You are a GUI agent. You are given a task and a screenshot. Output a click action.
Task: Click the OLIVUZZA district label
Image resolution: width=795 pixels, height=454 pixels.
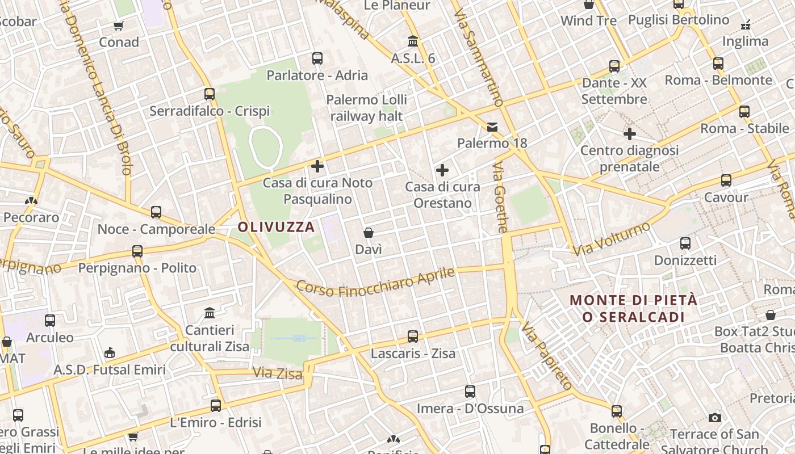[x=276, y=227]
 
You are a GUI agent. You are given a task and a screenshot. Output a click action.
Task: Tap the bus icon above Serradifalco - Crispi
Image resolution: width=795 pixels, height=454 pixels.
[x=210, y=94]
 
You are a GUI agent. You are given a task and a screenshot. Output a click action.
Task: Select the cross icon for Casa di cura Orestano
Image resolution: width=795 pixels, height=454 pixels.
[x=442, y=170]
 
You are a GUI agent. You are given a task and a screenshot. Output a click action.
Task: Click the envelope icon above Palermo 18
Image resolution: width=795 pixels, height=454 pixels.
[x=492, y=127]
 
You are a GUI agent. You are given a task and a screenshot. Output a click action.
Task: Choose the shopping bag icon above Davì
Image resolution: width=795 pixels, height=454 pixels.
[x=369, y=233]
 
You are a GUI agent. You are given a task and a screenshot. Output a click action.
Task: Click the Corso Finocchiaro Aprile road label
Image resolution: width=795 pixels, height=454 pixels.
[x=375, y=282]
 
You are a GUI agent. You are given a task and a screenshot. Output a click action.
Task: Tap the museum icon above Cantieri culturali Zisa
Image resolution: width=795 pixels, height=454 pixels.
[x=210, y=313]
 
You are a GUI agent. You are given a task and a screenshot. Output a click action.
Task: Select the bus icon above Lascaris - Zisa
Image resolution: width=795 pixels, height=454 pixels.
[x=413, y=337]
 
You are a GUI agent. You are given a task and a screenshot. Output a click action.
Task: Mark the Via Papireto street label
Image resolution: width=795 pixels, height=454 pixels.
[x=547, y=356]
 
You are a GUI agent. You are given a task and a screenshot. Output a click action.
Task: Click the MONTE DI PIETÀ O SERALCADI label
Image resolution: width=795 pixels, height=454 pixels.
[x=633, y=308]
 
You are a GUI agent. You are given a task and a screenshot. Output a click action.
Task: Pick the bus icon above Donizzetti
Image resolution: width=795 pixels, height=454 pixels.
[x=685, y=243]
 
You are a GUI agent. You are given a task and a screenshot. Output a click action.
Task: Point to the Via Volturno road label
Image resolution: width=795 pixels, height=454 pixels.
[x=611, y=239]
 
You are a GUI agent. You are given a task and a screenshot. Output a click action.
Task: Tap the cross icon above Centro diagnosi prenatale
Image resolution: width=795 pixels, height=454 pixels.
[x=629, y=134]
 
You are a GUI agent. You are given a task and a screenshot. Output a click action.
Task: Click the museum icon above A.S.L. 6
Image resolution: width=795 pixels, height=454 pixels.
[x=413, y=41]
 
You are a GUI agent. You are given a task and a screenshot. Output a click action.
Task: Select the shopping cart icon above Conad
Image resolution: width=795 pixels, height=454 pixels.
[x=119, y=26]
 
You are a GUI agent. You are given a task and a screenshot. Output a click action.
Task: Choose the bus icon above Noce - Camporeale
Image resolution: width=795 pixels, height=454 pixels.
[x=156, y=212]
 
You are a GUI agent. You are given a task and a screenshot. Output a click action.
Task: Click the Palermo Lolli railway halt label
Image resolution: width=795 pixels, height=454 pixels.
[x=367, y=108]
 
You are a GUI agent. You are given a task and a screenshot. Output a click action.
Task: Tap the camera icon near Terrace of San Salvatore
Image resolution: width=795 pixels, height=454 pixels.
[x=715, y=418]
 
